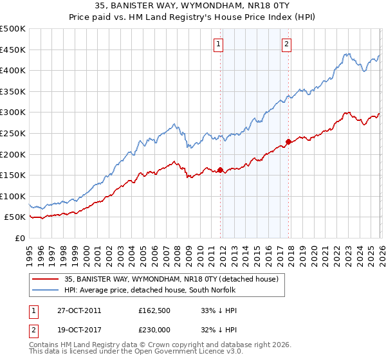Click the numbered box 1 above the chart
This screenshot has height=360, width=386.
tap(219, 44)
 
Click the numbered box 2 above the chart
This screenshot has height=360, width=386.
tap(286, 44)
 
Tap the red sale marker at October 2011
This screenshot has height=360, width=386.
tap(220, 170)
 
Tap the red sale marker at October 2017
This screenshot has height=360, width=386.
tap(288, 142)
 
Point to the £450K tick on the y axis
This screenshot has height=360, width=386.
tap(14, 50)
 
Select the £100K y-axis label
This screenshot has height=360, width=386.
tap(14, 196)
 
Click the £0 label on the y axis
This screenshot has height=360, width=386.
tap(21, 238)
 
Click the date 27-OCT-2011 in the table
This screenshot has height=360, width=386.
tap(75, 310)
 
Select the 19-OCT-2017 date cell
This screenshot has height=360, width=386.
tap(75, 330)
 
